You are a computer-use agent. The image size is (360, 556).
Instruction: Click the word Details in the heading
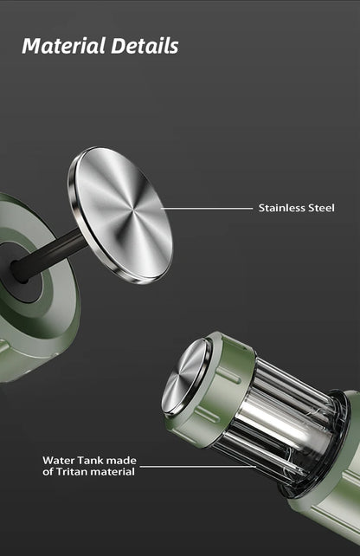pyautogui.click(x=145, y=46)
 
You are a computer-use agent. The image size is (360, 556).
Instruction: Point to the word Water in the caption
pyautogui.click(x=59, y=460)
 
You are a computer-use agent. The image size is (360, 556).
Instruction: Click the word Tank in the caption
pyautogui.click(x=90, y=460)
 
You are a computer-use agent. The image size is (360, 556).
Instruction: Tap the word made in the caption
pyautogui.click(x=121, y=460)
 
